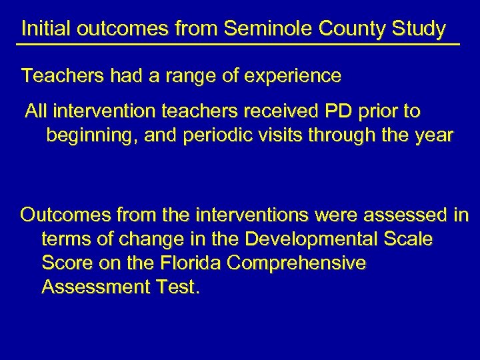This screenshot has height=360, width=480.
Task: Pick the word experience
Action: [294, 76]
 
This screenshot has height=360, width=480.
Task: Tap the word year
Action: [433, 136]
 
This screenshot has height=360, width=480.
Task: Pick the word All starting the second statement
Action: [36, 111]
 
